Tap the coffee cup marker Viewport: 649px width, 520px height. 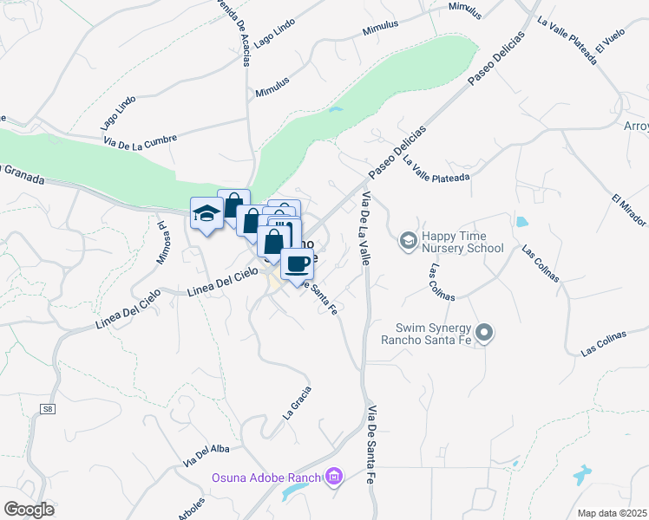297,263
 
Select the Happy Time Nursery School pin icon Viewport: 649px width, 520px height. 407,238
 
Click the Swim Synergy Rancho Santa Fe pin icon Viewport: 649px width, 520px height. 485,332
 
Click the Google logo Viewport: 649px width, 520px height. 29,509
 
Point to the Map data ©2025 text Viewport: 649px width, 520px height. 612,512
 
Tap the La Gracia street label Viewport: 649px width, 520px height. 297,403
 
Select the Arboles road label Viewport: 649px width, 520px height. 192,508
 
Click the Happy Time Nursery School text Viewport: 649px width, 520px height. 462,242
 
